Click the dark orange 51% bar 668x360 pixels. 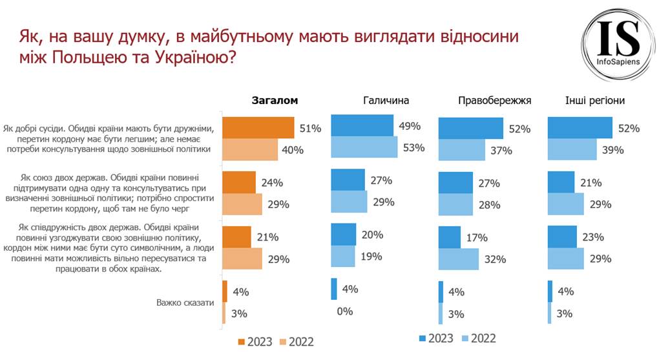coord(258,128)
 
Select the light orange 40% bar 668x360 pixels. coord(249,150)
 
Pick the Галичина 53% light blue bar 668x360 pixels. coord(364,147)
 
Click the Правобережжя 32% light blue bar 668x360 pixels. coord(459,260)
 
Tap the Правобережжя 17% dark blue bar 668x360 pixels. coord(450,237)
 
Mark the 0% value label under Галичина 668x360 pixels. coord(345,312)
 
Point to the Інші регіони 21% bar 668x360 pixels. coord(561,182)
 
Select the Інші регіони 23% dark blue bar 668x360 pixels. coord(562,237)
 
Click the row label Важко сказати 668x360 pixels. coord(185,302)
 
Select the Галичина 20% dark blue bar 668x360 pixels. coord(343,234)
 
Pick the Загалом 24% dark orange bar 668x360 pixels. coord(238,182)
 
